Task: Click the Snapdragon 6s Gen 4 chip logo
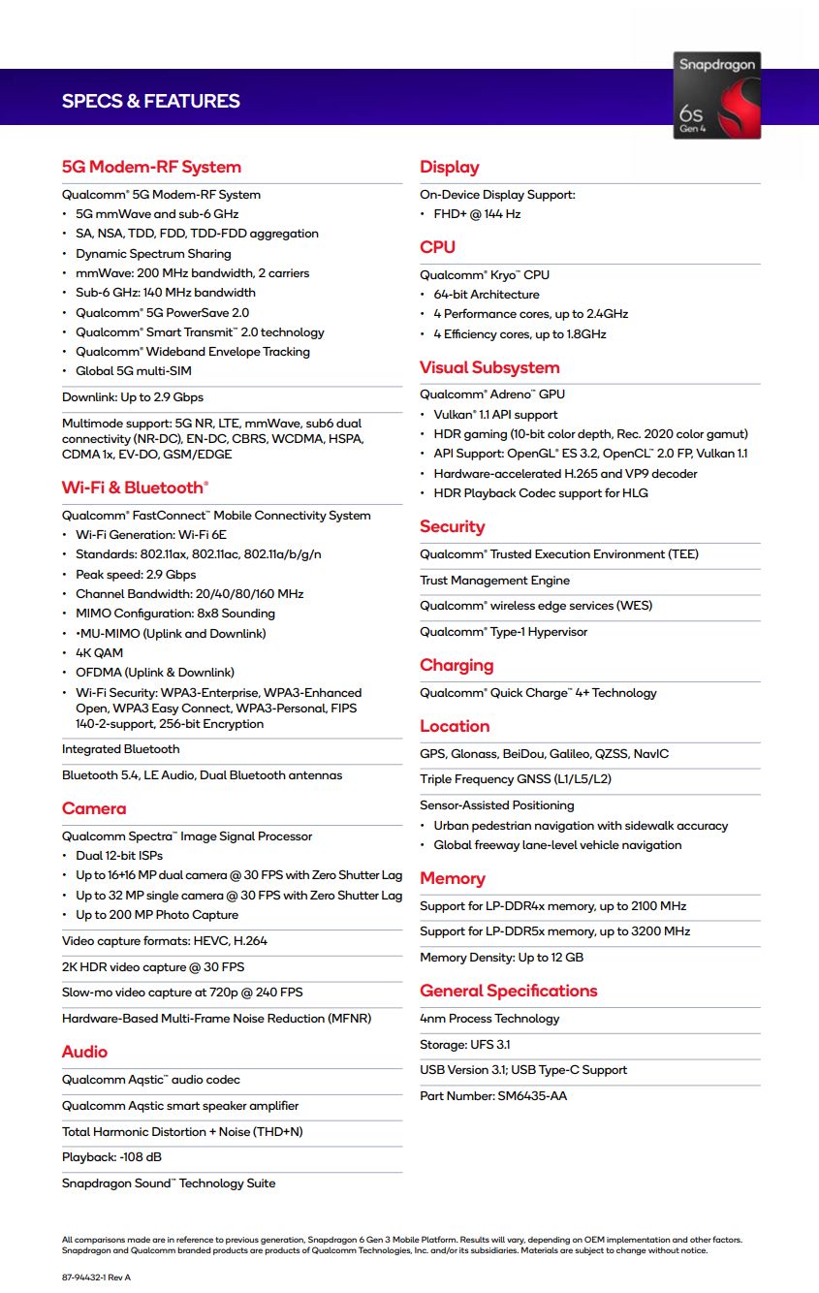[x=716, y=95]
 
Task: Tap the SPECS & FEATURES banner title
[x=150, y=101]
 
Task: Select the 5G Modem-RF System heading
[x=151, y=167]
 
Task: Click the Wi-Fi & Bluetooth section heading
[x=135, y=488]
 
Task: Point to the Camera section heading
[x=94, y=808]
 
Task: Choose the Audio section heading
[x=84, y=1052]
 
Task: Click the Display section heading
[x=450, y=167]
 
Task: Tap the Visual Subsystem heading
[x=489, y=367]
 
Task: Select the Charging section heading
[x=457, y=665]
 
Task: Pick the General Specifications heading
[x=509, y=991]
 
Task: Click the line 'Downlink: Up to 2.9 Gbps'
[x=133, y=397]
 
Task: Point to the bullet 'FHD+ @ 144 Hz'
[x=477, y=214]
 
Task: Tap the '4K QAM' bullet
[x=100, y=653]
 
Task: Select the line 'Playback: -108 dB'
[x=111, y=1157]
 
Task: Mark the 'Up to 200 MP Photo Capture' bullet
[x=157, y=915]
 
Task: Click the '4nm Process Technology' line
[x=489, y=1019]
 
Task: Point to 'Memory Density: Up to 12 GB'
[x=501, y=958]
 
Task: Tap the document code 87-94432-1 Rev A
[x=96, y=1277]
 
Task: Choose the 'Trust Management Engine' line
[x=494, y=581]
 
